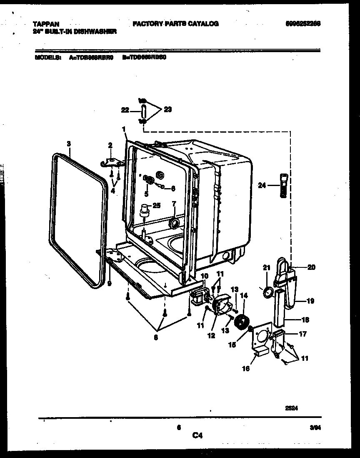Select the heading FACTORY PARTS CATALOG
tap(175, 24)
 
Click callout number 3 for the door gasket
tap(69, 144)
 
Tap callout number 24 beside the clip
tap(262, 186)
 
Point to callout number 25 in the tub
tap(157, 205)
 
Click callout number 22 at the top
tap(124, 110)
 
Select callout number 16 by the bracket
tap(246, 368)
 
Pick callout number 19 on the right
tap(310, 301)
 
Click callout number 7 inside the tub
tap(174, 204)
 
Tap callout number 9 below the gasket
tap(109, 282)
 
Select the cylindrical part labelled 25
tap(145, 209)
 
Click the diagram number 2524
tap(291, 409)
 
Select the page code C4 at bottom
tap(197, 436)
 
